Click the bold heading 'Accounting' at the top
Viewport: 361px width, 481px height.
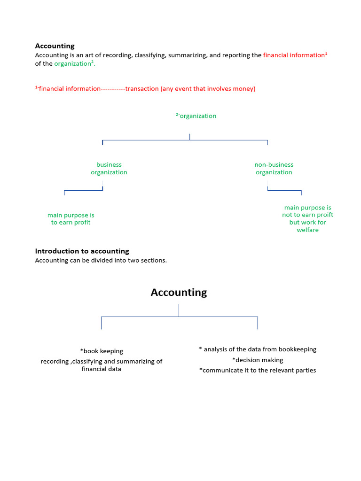[x=55, y=46]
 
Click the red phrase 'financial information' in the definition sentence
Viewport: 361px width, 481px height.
[x=293, y=55]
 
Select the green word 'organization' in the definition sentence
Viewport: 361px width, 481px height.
[x=72, y=64]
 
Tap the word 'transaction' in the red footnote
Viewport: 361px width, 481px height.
[x=142, y=89]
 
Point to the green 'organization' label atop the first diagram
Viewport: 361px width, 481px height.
[x=197, y=116]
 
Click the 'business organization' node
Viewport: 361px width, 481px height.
[x=109, y=168]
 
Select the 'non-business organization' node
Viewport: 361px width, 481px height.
[x=274, y=168]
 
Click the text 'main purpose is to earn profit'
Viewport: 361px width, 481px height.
[x=71, y=219]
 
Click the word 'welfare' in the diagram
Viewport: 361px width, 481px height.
[x=307, y=230]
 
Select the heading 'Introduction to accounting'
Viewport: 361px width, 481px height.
[x=82, y=251]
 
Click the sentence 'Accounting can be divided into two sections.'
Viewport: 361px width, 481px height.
[x=101, y=260]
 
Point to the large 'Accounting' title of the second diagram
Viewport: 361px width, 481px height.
[x=179, y=292]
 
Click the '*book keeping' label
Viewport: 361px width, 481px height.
[x=102, y=351]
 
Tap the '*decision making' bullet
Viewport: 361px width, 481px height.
[x=258, y=360]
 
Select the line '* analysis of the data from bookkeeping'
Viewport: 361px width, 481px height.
[x=258, y=349]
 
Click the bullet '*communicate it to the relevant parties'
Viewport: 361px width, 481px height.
[x=258, y=370]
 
